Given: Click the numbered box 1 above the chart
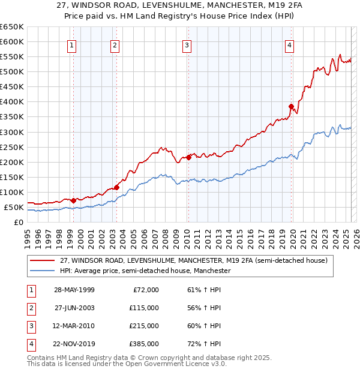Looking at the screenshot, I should tap(71, 45).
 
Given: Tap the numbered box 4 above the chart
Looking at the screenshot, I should tap(289, 45).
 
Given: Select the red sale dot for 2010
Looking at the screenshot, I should tap(188, 157).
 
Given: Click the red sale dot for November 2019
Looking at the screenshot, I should tap(291, 106).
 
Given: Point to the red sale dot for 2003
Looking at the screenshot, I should tap(116, 187).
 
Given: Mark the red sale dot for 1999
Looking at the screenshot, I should tap(73, 200).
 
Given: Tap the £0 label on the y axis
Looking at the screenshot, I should tap(19, 223).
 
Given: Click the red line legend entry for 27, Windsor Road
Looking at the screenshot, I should tap(193, 261).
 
